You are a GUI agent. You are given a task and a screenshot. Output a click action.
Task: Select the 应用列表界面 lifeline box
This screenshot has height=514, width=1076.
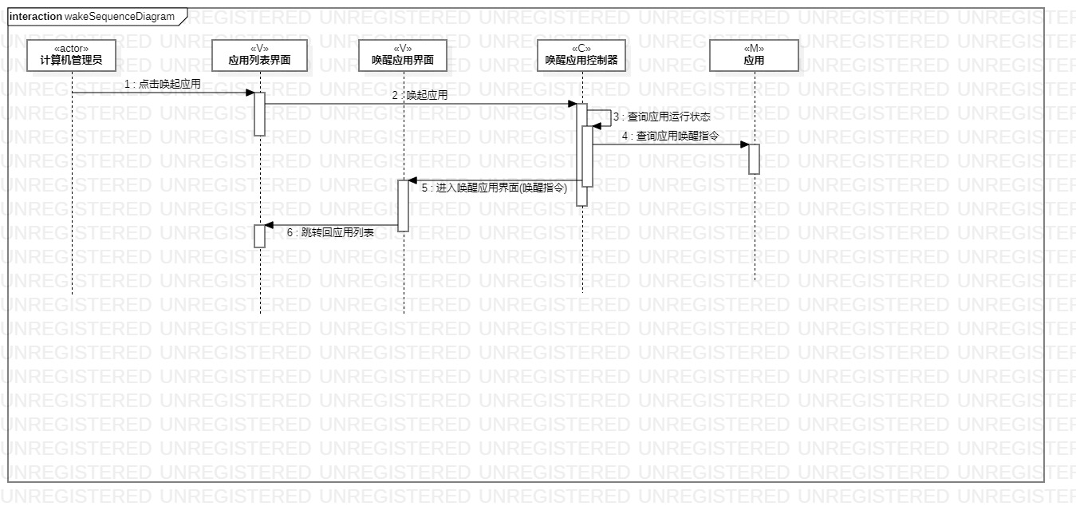point(259,54)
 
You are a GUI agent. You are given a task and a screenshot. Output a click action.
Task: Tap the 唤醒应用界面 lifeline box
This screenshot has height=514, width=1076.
point(403,54)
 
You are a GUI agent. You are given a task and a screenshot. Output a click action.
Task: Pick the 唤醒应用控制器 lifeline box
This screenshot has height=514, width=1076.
point(581,54)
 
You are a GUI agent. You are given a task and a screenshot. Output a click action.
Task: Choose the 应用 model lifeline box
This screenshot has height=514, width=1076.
point(754,54)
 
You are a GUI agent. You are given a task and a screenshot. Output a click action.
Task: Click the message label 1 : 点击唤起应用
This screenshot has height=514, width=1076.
point(162,84)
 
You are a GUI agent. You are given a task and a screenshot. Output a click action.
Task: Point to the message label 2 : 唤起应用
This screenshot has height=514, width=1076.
point(420,95)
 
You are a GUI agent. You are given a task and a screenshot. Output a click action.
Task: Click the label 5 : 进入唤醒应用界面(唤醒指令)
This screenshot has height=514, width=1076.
point(494,188)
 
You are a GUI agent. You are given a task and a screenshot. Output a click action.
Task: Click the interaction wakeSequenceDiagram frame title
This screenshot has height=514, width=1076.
point(92,16)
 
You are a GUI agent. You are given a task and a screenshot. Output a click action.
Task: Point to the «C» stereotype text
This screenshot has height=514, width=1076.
point(581,48)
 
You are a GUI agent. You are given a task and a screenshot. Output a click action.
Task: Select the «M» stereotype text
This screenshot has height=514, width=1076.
point(754,48)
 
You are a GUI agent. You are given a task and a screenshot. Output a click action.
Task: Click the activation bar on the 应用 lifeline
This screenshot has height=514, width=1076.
point(754,159)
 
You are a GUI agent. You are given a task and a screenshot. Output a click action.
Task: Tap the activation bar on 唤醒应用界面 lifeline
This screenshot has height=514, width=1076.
point(404,206)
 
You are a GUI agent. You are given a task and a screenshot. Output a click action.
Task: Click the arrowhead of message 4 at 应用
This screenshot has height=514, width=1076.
point(744,144)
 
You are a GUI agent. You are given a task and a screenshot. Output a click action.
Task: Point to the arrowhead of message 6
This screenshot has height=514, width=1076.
point(270,225)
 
